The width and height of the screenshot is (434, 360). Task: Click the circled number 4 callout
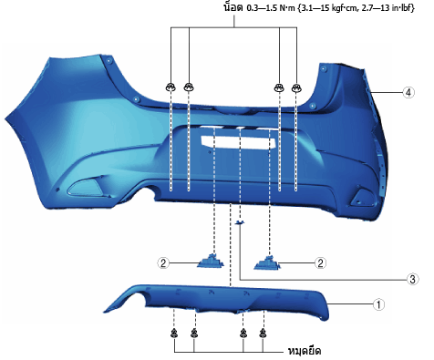click(408, 92)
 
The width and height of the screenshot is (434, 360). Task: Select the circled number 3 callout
click(412, 279)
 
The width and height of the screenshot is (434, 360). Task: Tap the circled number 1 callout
click(378, 303)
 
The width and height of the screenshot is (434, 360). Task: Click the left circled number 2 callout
click(163, 262)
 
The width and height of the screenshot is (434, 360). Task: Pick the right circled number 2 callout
click(320, 262)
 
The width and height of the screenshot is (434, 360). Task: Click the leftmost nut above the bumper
click(170, 87)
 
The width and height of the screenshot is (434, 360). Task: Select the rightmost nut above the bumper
click(296, 87)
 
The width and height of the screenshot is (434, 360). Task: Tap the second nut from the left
click(189, 87)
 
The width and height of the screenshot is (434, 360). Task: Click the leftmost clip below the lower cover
click(174, 334)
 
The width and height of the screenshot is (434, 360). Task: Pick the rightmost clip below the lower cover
click(263, 334)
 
